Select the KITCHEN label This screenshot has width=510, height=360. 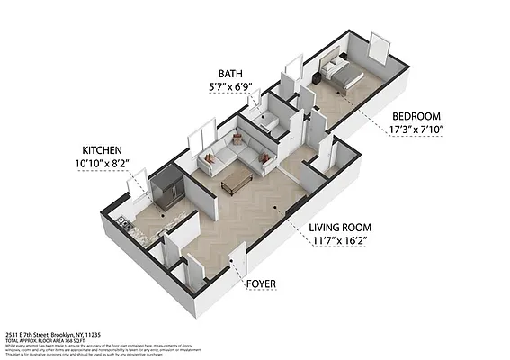[102, 150]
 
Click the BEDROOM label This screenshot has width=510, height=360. [416, 117]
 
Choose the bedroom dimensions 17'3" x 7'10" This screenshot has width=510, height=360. [416, 131]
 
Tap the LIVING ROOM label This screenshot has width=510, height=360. [342, 228]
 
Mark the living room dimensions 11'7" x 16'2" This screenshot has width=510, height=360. [342, 242]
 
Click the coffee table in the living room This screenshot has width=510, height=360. [237, 181]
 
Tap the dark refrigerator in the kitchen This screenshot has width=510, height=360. [167, 190]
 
